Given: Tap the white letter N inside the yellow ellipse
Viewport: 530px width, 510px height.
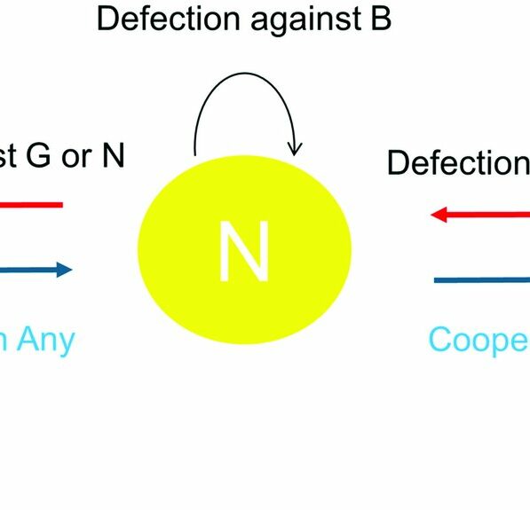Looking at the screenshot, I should (x=244, y=252).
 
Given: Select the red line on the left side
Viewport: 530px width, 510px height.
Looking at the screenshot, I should (x=31, y=205).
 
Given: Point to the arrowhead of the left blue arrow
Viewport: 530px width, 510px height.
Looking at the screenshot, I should (x=65, y=270).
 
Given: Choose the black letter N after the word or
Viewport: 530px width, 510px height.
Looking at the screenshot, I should (x=113, y=156).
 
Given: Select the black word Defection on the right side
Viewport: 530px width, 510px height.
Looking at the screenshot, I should (x=458, y=163).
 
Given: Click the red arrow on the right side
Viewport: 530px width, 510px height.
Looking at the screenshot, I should (x=479, y=215).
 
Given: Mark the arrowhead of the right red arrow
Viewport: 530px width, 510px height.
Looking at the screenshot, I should (x=438, y=215).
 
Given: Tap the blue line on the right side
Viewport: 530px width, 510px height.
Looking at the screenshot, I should (x=482, y=280).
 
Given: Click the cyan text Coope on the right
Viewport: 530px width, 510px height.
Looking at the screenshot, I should (x=479, y=341).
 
